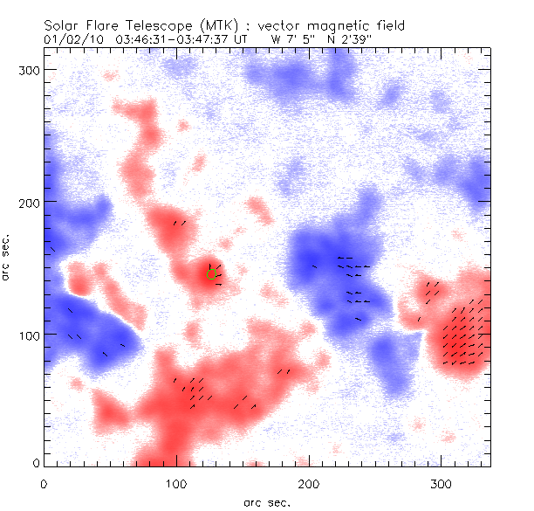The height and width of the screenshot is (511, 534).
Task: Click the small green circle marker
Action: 211,273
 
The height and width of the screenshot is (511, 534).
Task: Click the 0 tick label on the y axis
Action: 36,463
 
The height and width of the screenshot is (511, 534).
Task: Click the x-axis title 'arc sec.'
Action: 266,502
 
